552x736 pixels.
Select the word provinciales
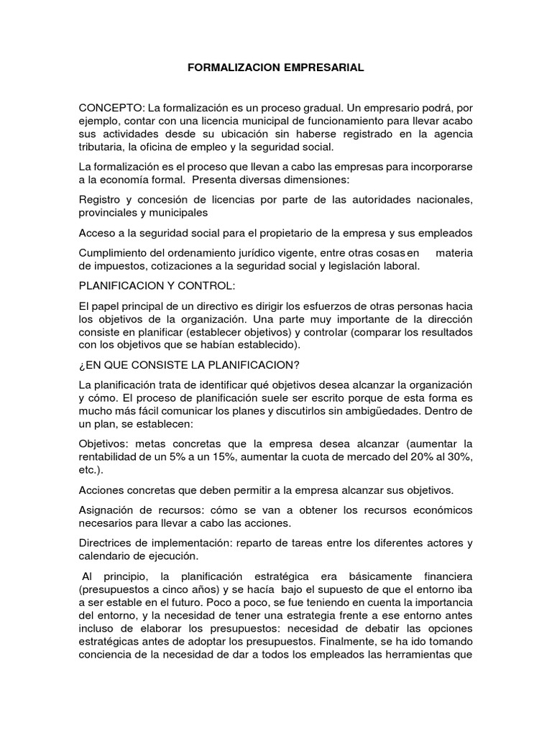(109, 213)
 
